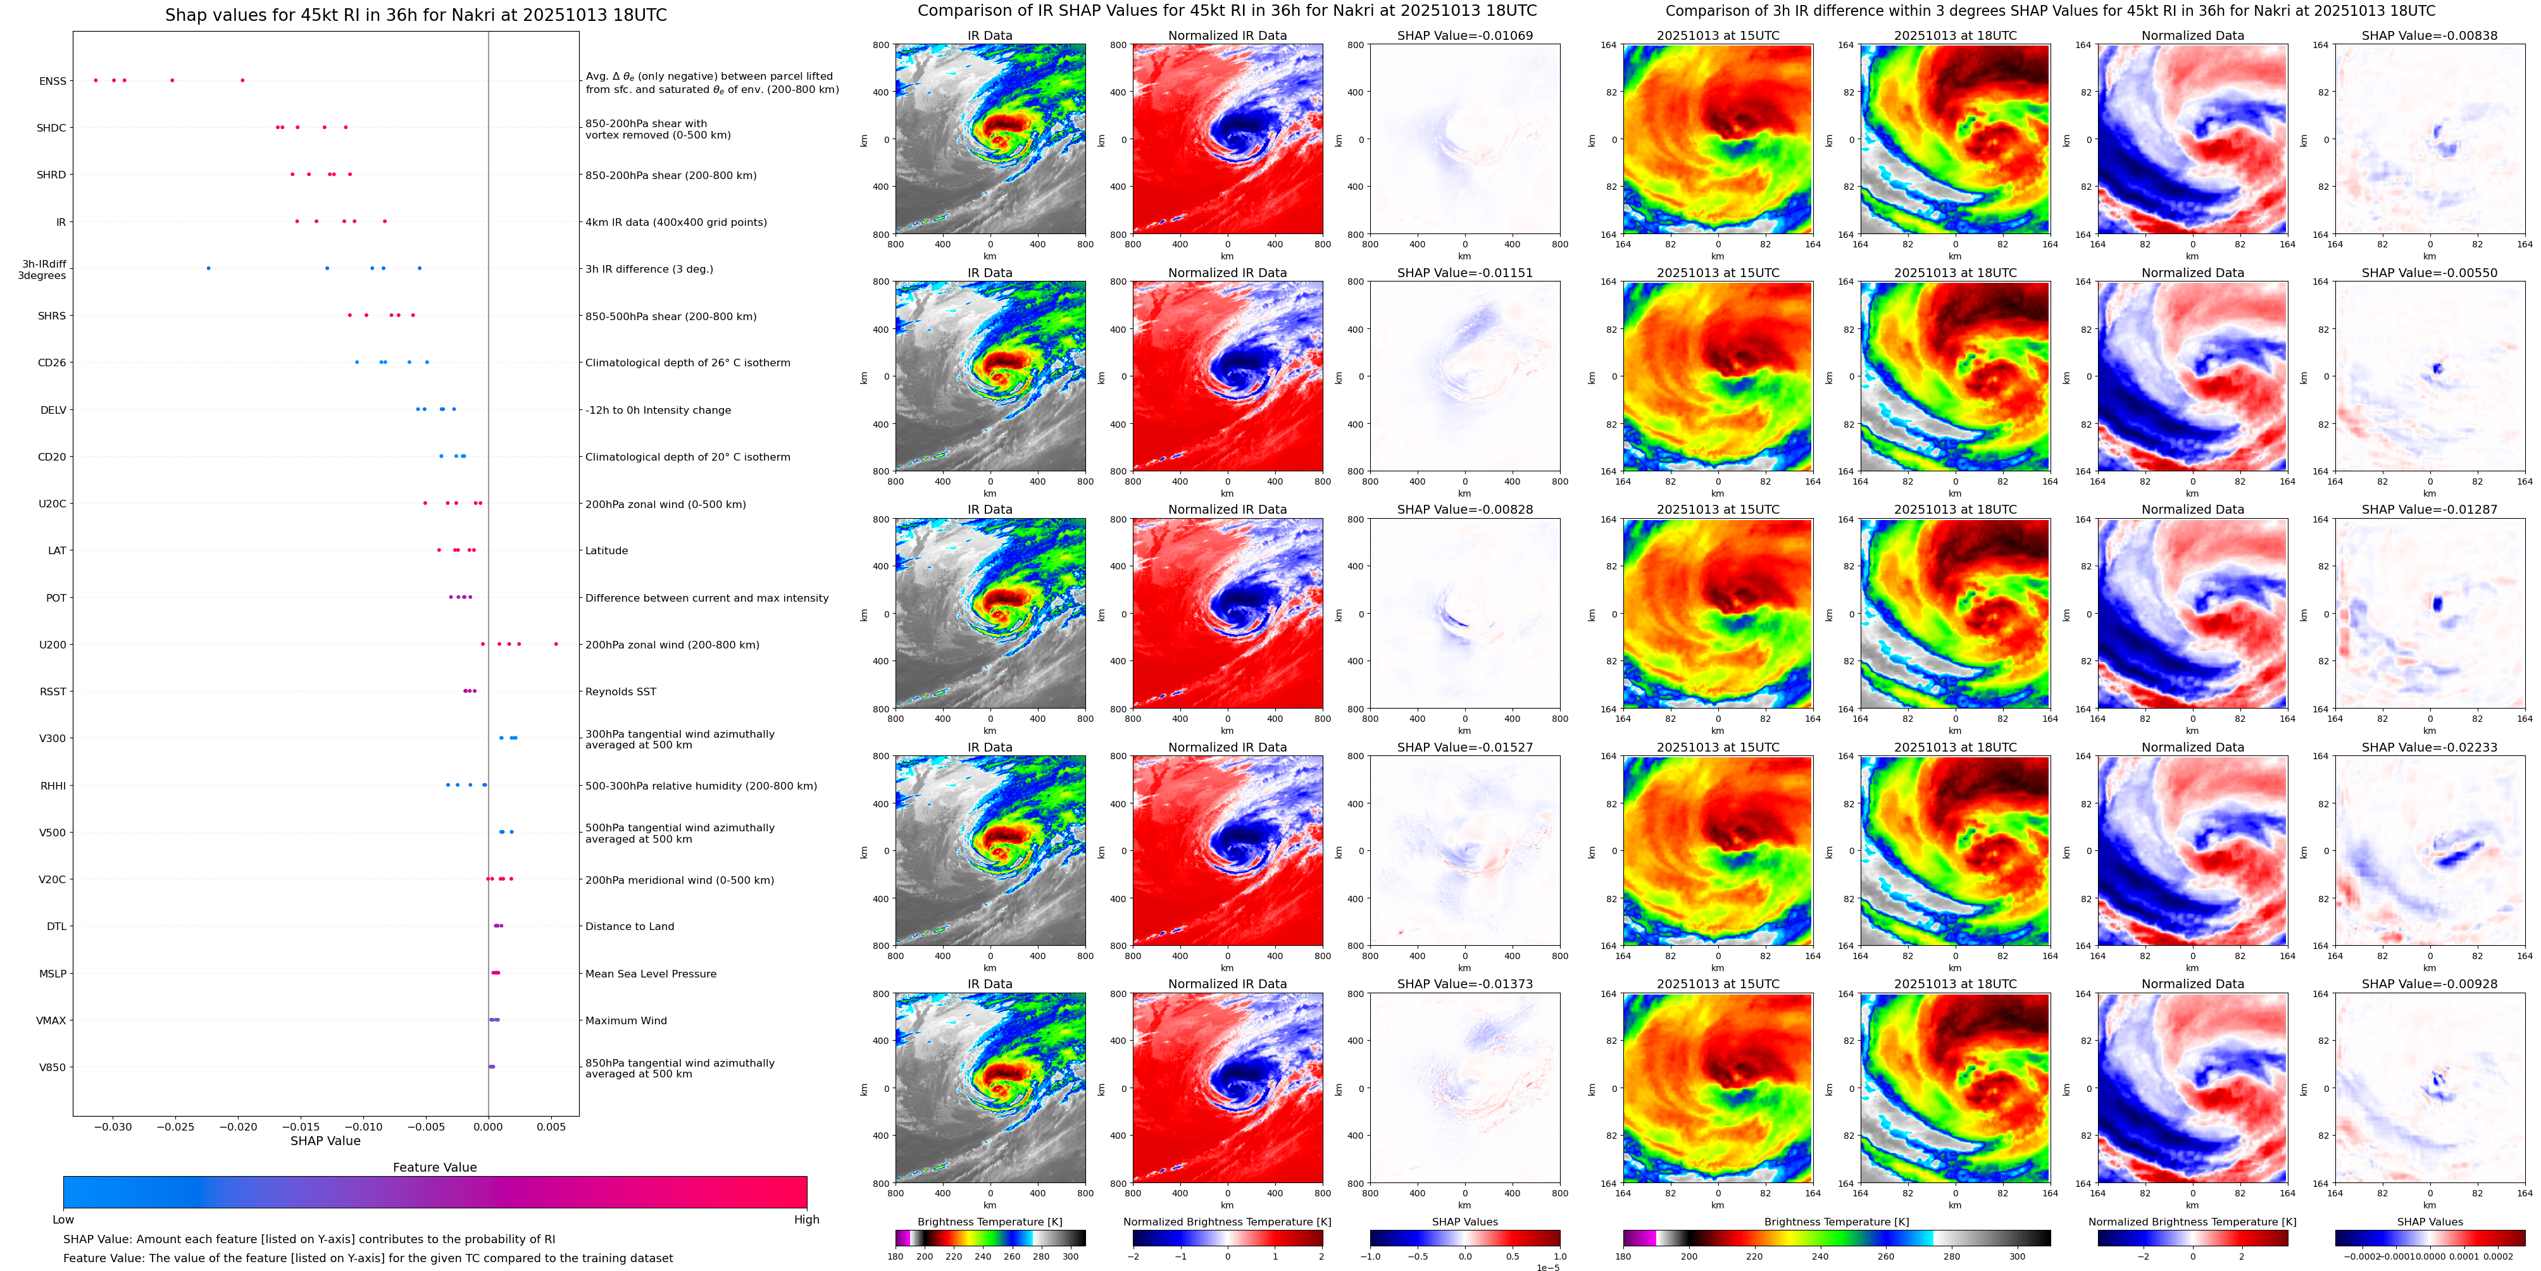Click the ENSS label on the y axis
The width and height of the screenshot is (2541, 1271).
(53, 81)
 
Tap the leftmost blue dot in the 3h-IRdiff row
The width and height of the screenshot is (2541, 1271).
(208, 268)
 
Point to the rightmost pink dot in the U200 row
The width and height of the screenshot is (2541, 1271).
(556, 644)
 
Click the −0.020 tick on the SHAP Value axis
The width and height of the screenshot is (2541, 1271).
(238, 1127)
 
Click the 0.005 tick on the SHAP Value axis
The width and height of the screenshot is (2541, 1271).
(551, 1127)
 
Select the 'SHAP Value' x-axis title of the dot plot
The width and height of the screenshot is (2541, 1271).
(325, 1141)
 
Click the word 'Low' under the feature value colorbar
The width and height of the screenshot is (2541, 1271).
(63, 1220)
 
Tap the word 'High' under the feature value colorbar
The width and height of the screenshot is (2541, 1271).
(806, 1220)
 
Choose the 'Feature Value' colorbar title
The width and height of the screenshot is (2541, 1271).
(434, 1167)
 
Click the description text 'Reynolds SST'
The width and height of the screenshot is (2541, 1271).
(620, 692)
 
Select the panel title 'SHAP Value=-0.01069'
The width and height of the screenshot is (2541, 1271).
(1465, 35)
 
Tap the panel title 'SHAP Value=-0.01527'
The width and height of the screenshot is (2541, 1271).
(1465, 747)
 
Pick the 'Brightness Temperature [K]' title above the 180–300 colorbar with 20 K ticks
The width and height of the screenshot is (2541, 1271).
(989, 1222)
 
